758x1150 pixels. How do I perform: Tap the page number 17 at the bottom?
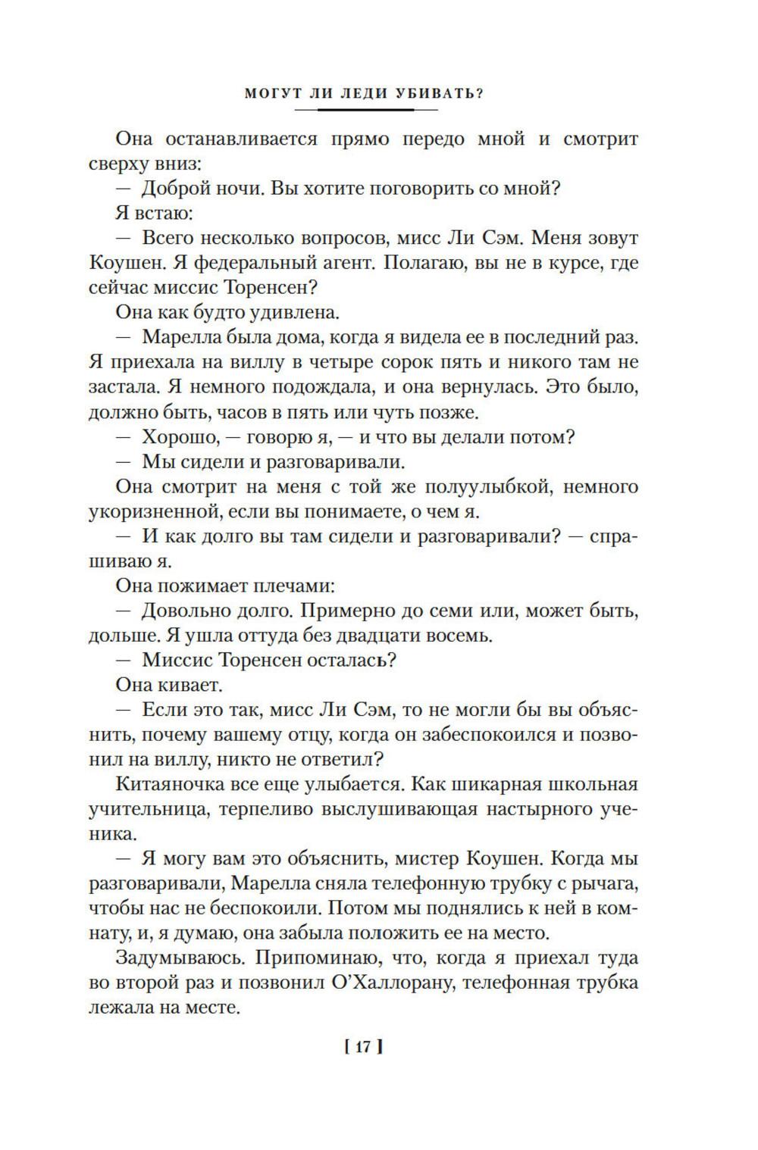(362, 1048)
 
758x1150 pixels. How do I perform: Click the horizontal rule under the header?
(365, 110)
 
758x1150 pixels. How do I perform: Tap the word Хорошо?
(177, 437)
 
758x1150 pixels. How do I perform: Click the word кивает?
(190, 685)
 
